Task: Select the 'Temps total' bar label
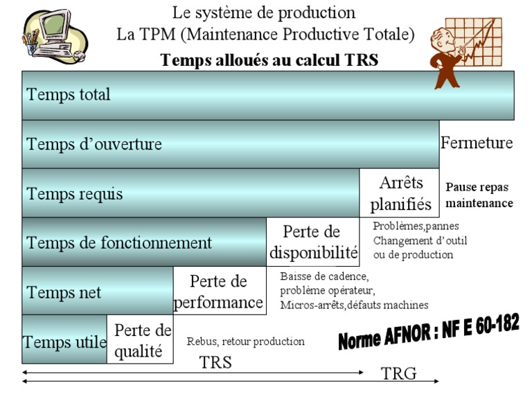69,94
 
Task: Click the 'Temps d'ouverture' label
94,144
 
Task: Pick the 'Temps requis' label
75,193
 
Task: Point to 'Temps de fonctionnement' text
119,242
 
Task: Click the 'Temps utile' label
64,342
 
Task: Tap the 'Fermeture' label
477,143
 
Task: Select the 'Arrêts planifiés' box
400,193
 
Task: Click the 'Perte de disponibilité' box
313,242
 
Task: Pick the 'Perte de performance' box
218,292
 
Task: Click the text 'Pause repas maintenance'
479,195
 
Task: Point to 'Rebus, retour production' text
245,341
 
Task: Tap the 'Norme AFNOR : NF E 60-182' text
429,332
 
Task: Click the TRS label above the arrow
215,362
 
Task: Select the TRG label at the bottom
399,374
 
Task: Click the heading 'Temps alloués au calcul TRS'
269,60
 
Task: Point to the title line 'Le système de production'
264,12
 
